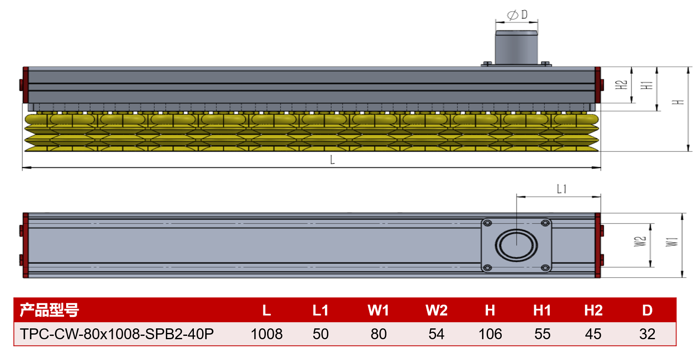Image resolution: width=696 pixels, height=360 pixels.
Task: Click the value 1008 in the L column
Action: [x=266, y=334]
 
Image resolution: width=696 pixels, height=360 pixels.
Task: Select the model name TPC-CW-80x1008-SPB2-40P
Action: [x=117, y=334]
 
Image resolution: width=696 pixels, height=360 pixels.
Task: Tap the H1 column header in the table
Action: [x=542, y=310]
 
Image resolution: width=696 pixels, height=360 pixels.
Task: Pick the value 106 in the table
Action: [x=490, y=334]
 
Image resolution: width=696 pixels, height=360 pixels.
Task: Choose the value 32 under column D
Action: [x=647, y=334]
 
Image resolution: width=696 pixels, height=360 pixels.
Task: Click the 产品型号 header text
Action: [x=50, y=310]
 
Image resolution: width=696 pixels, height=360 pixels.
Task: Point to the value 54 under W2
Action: [x=436, y=334]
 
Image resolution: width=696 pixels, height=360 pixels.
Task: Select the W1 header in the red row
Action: [x=378, y=310]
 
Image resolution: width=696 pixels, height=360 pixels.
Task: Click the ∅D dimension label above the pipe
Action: [x=518, y=15]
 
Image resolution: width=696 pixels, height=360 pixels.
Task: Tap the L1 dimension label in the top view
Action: [x=562, y=189]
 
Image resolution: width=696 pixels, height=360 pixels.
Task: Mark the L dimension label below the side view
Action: [x=332, y=160]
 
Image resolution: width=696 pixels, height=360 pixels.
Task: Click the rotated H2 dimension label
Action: [x=621, y=85]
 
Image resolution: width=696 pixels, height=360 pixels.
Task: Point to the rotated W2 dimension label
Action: [x=640, y=241]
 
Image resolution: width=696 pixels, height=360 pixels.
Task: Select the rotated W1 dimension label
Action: [x=671, y=242]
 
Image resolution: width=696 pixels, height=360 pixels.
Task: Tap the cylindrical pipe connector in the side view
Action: [x=516, y=47]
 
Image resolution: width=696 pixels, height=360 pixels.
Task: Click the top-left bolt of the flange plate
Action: [x=488, y=223]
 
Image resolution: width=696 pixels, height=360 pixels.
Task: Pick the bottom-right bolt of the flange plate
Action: [x=545, y=268]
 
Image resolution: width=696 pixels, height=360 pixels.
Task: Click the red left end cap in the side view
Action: [x=25, y=85]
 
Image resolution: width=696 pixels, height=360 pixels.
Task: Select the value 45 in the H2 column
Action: [x=593, y=334]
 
